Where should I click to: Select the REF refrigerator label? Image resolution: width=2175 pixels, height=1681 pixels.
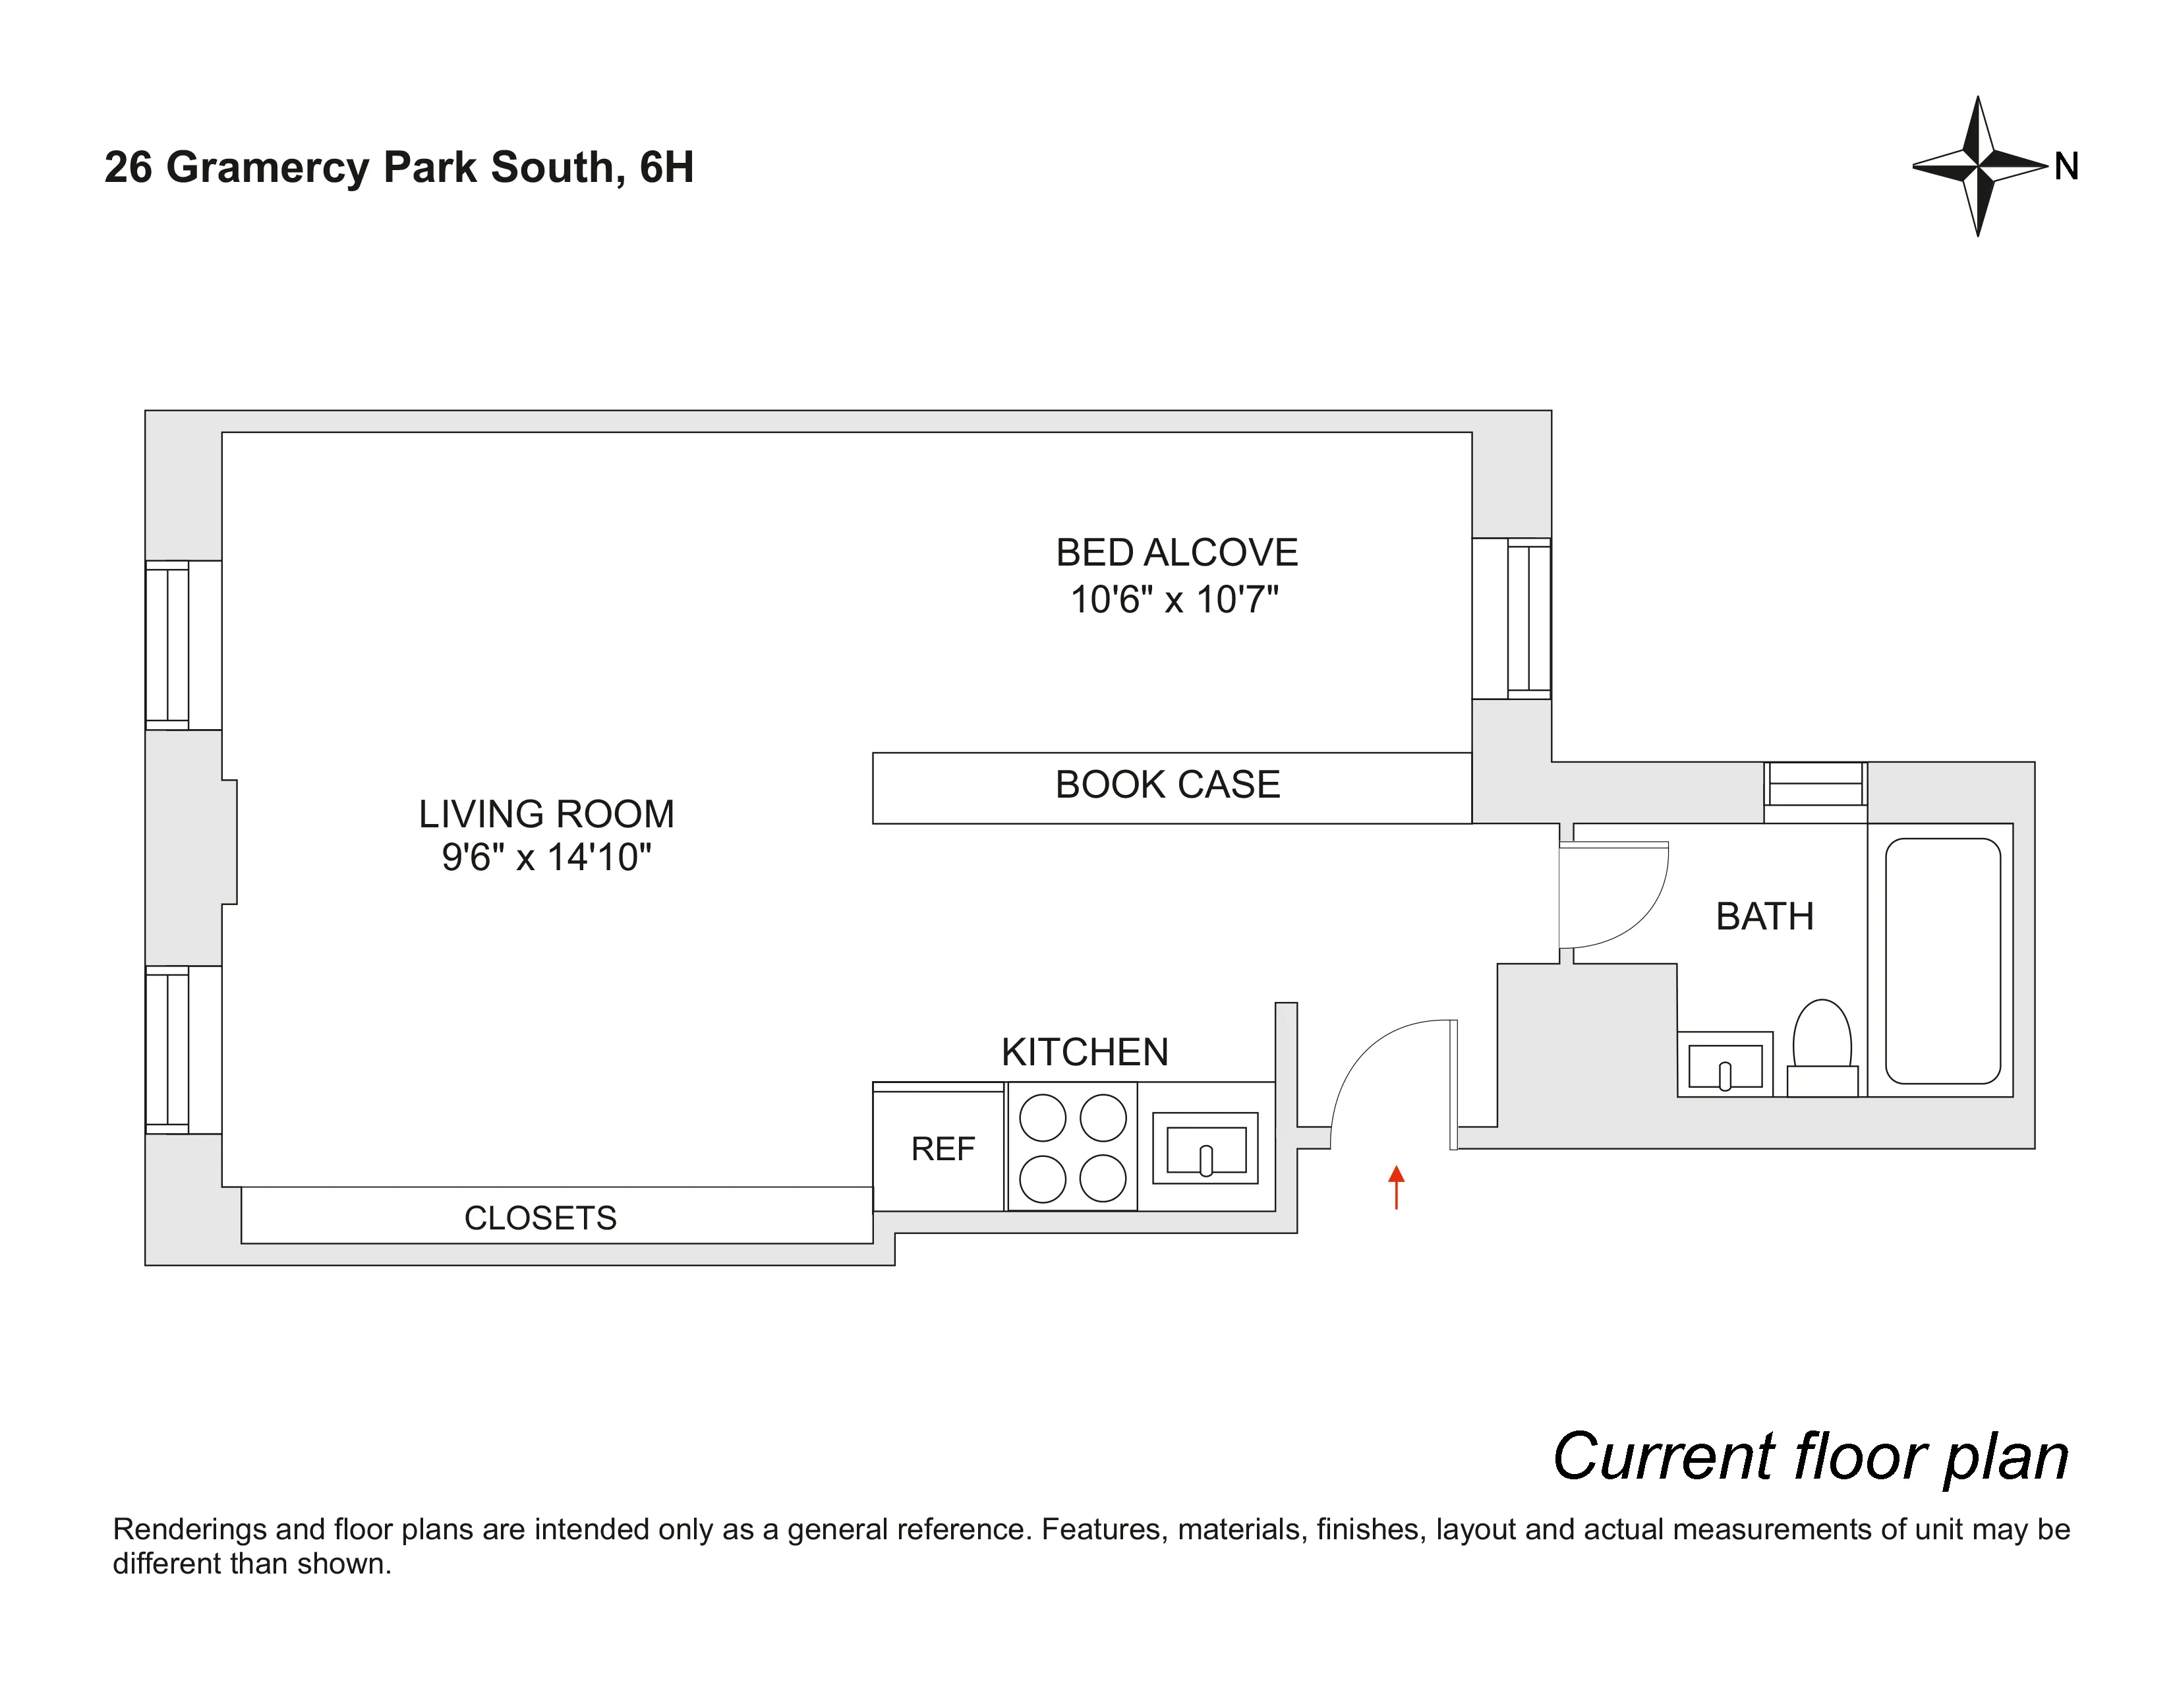(942, 1149)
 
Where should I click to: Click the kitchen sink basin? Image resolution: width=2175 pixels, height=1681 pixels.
(1205, 1149)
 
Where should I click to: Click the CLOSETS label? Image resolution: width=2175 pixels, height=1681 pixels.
(540, 1218)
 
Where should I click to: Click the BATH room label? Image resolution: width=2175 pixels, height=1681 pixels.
(1764, 917)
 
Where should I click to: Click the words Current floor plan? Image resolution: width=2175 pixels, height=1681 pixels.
(1811, 1457)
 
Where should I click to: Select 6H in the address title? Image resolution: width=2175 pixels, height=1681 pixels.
(666, 167)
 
